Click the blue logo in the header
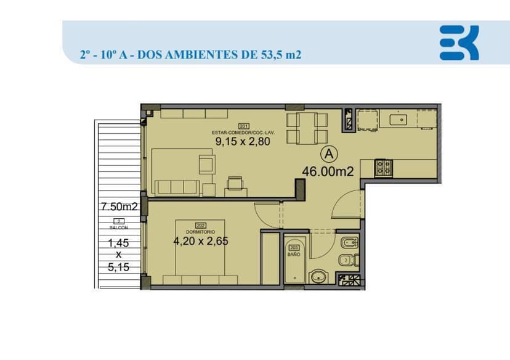[459, 43]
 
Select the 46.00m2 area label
[327, 172]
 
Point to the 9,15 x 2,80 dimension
[243, 141]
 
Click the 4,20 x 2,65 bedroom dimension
[200, 241]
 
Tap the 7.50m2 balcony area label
[119, 207]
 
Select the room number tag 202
[200, 225]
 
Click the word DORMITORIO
[200, 232]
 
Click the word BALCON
[119, 227]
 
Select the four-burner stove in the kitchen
[384, 166]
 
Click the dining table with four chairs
[306, 128]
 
